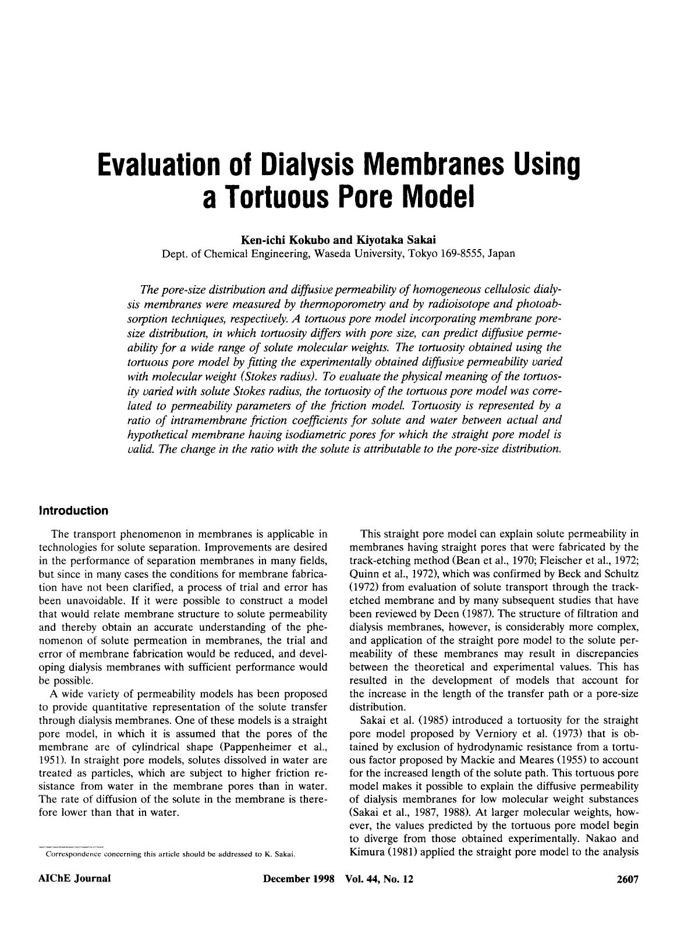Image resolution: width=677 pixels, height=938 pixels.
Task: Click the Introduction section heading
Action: pyautogui.click(x=73, y=511)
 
